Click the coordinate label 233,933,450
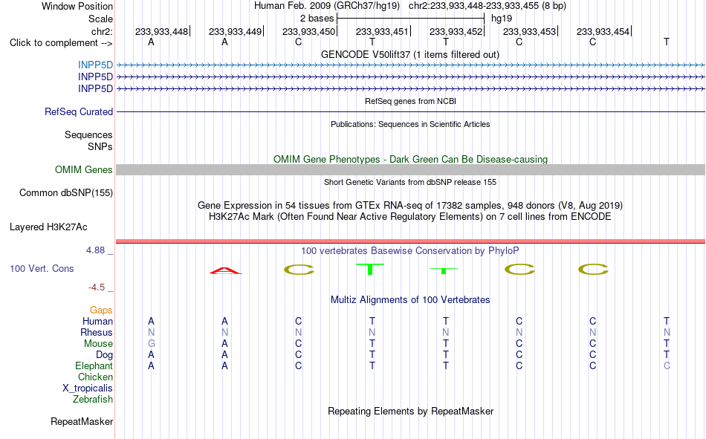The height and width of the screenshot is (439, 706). [309, 31]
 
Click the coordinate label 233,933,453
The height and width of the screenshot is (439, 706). [529, 31]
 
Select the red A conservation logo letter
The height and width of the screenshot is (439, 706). [225, 270]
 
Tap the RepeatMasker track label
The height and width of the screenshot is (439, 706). [82, 421]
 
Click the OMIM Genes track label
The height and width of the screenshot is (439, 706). [84, 170]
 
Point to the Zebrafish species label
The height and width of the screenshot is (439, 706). [93, 400]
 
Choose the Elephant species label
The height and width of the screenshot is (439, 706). [94, 366]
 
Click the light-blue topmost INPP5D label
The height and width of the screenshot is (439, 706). [95, 65]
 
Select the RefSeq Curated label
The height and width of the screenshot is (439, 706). [79, 111]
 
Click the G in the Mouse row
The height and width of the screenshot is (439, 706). [152, 343]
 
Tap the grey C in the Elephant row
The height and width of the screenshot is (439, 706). [667, 365]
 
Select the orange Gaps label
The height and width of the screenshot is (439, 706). [101, 310]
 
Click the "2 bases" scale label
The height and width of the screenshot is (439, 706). [317, 19]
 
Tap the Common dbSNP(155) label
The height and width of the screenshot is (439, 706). [66, 192]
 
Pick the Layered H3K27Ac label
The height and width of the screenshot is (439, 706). [48, 227]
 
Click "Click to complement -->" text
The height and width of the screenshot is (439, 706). [61, 43]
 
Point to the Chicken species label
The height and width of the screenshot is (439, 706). [95, 377]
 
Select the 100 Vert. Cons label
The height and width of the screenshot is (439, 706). [42, 269]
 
